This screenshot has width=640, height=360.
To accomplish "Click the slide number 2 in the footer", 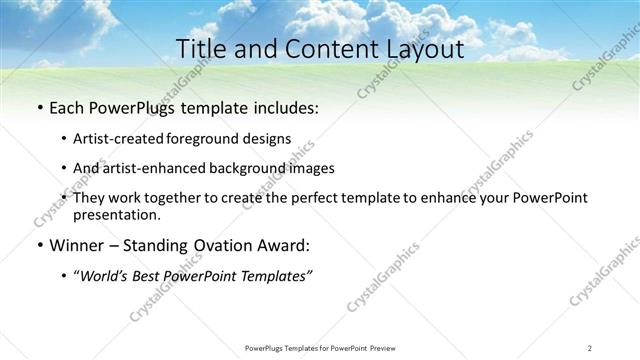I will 590,348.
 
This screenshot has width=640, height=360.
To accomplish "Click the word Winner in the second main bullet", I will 78,245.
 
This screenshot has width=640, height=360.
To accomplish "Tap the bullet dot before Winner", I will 38,245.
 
